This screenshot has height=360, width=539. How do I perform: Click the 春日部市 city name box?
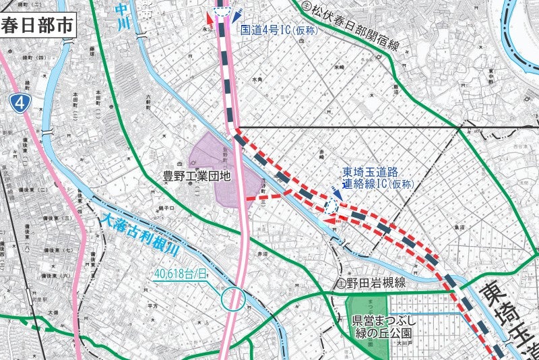(x=37, y=26)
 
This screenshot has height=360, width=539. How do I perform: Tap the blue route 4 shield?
(x=22, y=102)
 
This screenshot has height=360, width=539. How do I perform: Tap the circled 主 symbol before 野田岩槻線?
(x=342, y=282)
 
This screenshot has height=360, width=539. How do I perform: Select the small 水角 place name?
(x=256, y=80)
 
